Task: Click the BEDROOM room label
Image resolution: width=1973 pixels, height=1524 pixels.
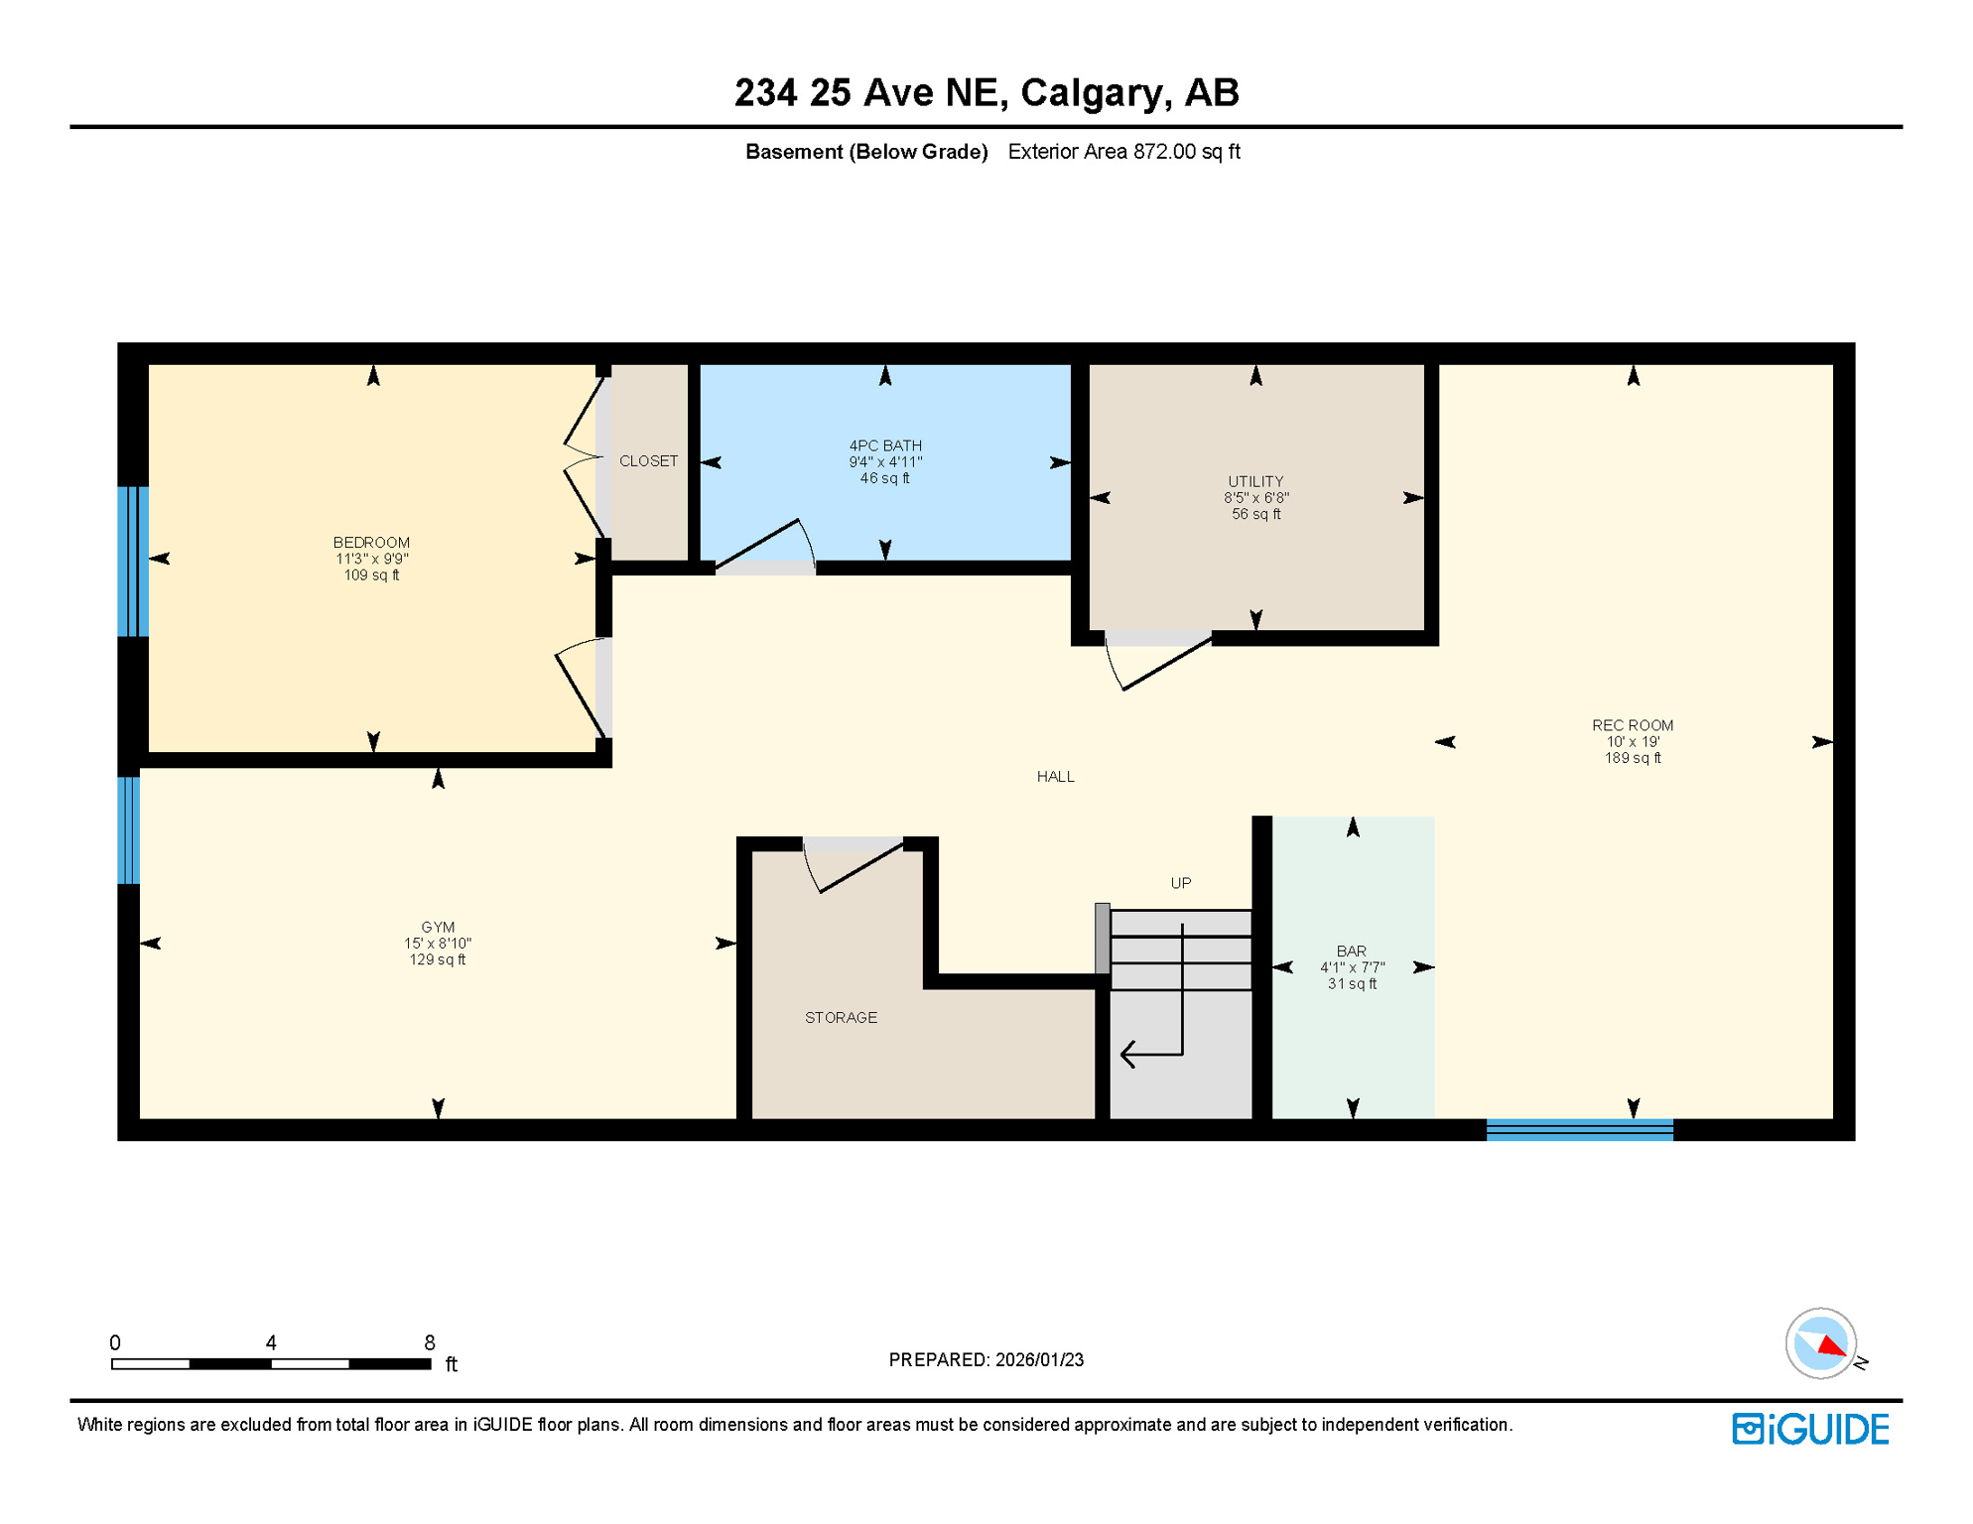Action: [371, 543]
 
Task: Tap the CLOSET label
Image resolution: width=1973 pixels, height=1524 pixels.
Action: [648, 461]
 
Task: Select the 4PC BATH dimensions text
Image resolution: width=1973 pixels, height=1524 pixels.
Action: [885, 462]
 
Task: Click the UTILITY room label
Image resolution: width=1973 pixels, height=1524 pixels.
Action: [1255, 481]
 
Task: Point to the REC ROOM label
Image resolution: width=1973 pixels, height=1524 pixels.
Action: [1633, 725]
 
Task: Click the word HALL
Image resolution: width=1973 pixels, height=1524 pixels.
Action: [1055, 777]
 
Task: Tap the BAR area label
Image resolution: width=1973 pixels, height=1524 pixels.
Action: [1351, 952]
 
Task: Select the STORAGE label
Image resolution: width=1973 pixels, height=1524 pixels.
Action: [841, 1018]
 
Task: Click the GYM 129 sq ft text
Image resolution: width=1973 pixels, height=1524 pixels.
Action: [437, 960]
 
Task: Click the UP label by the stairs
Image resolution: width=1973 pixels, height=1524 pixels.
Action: [1180, 883]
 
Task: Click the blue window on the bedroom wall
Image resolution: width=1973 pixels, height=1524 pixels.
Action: [133, 561]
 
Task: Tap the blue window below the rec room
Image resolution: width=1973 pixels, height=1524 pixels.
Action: [1579, 1130]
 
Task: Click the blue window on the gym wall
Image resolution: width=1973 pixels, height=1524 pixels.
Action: [129, 830]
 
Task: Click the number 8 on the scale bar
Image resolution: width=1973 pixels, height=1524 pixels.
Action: [429, 1342]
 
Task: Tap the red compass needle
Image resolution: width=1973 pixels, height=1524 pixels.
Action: [1831, 1346]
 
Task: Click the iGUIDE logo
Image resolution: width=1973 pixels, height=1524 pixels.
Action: [1810, 1430]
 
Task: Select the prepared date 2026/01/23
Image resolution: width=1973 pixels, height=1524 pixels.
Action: [1039, 1360]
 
